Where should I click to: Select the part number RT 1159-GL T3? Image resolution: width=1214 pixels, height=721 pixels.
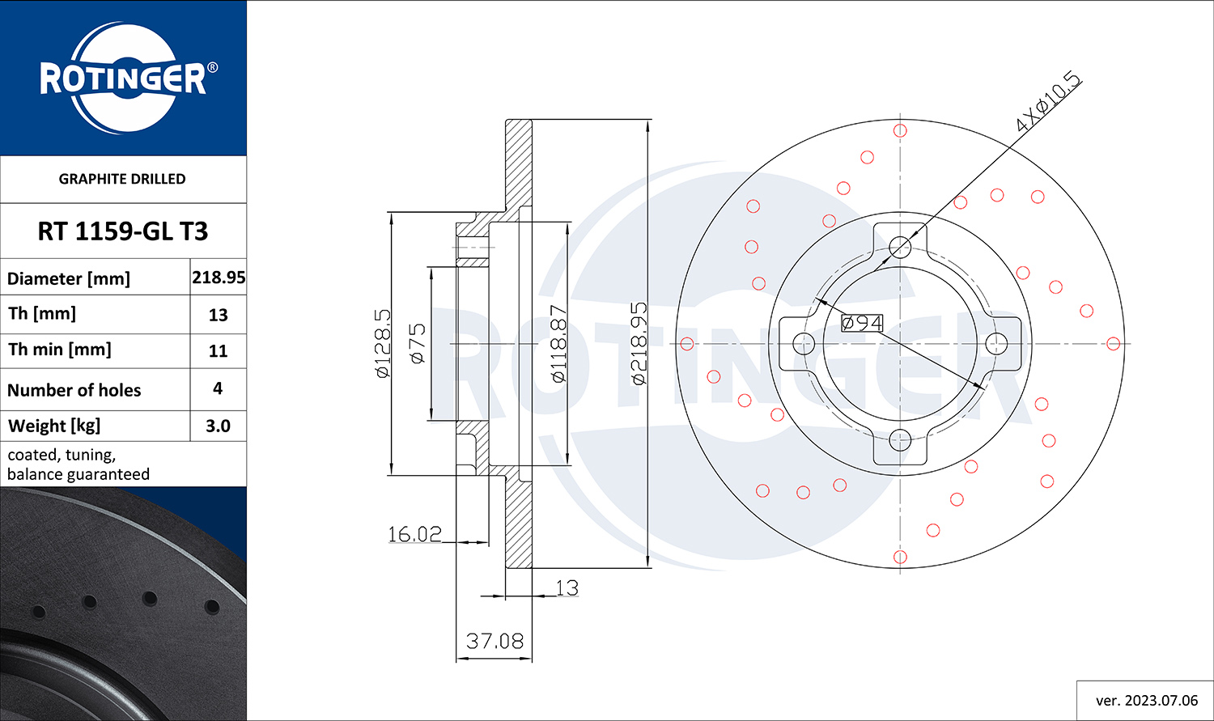click(x=123, y=231)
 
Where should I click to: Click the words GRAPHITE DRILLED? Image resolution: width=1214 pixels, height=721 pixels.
click(x=122, y=179)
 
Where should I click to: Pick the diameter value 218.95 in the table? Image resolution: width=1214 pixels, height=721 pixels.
click(x=219, y=278)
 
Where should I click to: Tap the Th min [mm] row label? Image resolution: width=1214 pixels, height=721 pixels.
click(x=60, y=350)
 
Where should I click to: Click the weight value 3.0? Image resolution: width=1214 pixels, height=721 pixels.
click(x=218, y=426)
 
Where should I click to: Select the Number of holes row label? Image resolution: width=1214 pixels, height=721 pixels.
click(x=74, y=390)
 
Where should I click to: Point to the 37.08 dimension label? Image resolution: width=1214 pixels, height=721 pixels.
click(x=495, y=642)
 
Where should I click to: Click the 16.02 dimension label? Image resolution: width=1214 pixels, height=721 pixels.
click(x=414, y=534)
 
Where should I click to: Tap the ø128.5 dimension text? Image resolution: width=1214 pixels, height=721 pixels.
click(x=383, y=343)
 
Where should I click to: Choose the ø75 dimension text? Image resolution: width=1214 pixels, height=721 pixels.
click(x=418, y=343)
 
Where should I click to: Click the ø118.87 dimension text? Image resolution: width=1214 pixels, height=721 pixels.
click(x=558, y=343)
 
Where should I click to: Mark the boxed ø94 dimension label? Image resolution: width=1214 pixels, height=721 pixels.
click(x=862, y=323)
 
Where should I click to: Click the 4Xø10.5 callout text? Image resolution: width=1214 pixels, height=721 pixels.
click(x=1048, y=108)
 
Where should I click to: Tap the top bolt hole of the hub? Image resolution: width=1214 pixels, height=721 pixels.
click(x=900, y=247)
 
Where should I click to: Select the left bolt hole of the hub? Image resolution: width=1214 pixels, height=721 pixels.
click(x=804, y=343)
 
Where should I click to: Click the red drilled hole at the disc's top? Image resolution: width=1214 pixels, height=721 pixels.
click(x=900, y=130)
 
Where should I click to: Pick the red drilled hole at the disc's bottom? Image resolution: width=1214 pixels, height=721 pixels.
click(x=900, y=557)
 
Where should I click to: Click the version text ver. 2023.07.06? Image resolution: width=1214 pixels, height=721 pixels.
click(x=1147, y=701)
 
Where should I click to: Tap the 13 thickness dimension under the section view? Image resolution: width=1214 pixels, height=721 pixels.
click(x=567, y=587)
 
